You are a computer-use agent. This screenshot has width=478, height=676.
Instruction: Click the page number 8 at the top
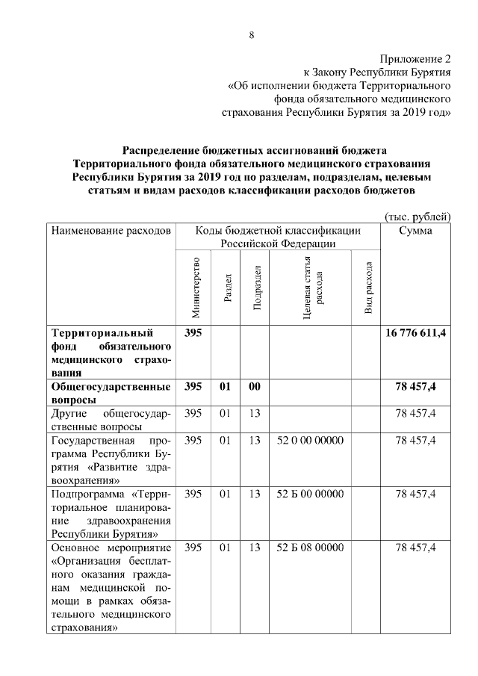click(x=252, y=34)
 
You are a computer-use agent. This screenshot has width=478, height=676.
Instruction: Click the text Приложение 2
click(x=415, y=58)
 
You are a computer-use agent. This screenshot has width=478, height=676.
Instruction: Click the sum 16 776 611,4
click(x=415, y=333)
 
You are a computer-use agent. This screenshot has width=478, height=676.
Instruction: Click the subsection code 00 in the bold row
click(x=255, y=387)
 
